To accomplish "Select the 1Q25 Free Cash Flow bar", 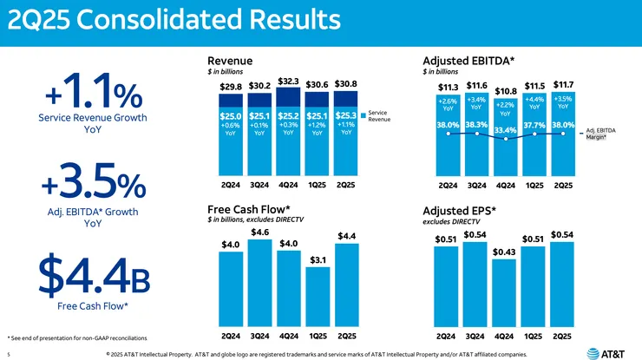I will pyautogui.click(x=318, y=295).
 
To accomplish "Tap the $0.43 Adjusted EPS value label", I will pyautogui.click(x=504, y=252).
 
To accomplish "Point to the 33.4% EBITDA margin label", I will pyautogui.click(x=505, y=130).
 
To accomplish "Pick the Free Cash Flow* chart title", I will pyautogui.click(x=248, y=210).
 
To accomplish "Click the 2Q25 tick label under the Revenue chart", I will pyautogui.click(x=346, y=186).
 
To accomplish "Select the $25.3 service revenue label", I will pyautogui.click(x=346, y=115).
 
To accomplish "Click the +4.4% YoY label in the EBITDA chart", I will pyautogui.click(x=534, y=103).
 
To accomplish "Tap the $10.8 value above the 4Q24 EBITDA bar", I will pyautogui.click(x=505, y=91).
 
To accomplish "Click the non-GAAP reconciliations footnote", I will pyautogui.click(x=76, y=337).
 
